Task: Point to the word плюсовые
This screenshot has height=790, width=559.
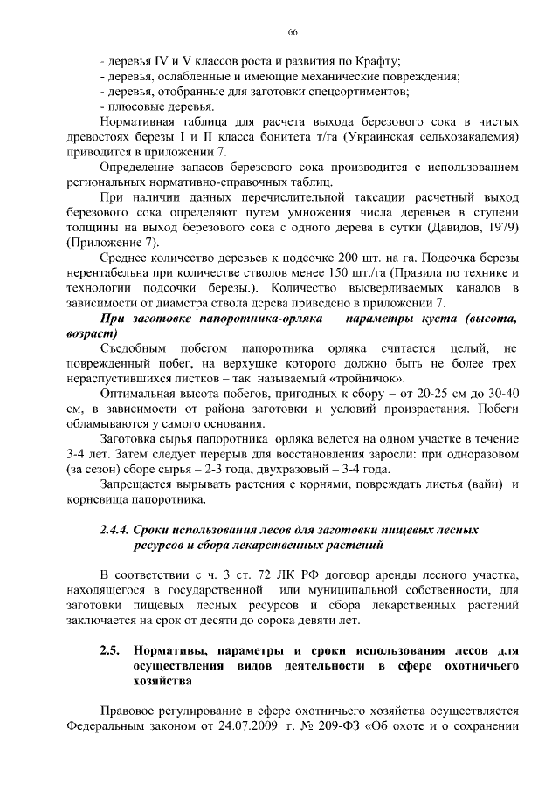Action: click(x=132, y=106)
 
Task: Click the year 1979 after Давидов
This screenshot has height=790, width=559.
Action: click(x=501, y=228)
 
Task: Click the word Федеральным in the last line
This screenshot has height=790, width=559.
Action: click(x=107, y=727)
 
